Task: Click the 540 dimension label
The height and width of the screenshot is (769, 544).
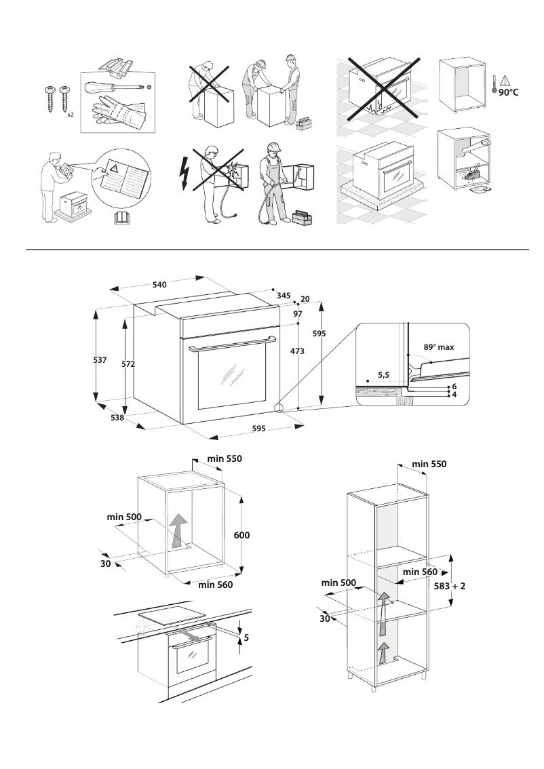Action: coord(159,285)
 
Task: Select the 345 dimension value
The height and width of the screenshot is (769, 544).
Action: coord(284,296)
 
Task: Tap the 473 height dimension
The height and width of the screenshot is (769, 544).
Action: coord(296,351)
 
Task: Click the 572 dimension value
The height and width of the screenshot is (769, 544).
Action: coord(128,364)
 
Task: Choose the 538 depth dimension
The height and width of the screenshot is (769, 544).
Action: coord(117,418)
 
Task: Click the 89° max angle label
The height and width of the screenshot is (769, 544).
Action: coord(438,347)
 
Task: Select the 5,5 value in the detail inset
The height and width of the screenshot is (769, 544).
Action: coord(383,374)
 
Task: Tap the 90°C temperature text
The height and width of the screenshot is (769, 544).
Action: coord(508,92)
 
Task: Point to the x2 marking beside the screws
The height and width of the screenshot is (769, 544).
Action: coord(70,115)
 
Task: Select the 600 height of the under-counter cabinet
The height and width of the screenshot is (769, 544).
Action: coord(242,535)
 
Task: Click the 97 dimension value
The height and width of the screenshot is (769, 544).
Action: coord(297,314)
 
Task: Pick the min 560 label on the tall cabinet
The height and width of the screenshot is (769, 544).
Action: coord(420,572)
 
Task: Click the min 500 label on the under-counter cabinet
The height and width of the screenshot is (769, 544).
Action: coord(124,517)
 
